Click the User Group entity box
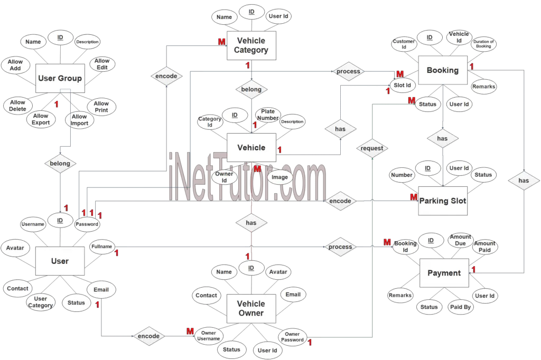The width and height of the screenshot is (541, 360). coord(60,79)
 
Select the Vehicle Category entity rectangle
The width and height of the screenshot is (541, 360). coord(252,45)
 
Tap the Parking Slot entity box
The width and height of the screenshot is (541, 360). coord(443,201)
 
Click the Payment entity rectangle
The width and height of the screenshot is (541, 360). coord(444,273)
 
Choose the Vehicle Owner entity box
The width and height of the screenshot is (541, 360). coord(251,308)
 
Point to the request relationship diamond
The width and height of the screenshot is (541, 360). coord(372,148)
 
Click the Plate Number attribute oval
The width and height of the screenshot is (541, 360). coord(268,115)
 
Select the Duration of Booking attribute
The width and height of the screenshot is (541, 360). coord(483,44)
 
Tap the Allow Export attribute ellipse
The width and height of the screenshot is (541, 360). coord(41,119)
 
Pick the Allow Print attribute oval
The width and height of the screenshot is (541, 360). coord(101,107)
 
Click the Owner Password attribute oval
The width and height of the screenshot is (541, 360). coord(292,337)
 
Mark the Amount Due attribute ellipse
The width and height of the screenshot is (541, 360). coord(460,240)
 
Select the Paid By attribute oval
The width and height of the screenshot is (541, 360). coord(460,307)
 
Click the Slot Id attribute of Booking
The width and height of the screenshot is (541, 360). coord(403,85)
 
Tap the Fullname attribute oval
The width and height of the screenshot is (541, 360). coord(101,247)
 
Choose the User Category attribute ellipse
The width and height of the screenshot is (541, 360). coord(41,302)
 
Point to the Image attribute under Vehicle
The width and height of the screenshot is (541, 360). coord(279,177)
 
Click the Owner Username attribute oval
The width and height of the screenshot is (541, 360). coord(209,336)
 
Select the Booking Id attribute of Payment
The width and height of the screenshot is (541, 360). coord(406,247)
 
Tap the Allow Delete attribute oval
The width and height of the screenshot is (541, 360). coord(17,106)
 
